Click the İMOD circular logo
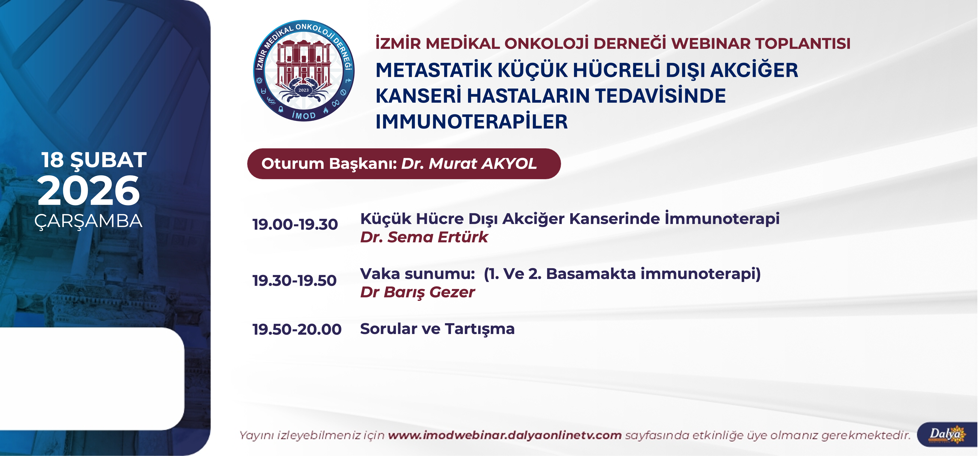click(304, 71)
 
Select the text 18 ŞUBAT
click(94, 160)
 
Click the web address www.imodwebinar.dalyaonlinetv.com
click(505, 435)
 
